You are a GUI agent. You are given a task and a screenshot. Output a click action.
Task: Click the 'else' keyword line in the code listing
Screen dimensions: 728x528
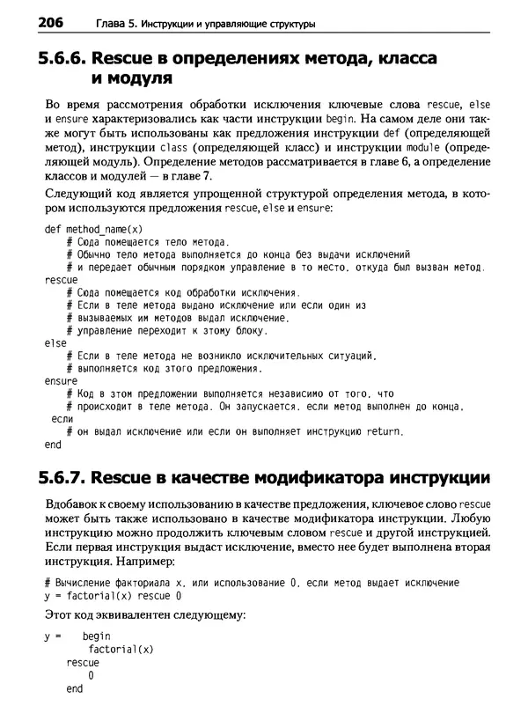point(55,342)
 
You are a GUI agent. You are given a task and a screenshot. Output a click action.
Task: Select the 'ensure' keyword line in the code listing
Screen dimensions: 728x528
point(60,380)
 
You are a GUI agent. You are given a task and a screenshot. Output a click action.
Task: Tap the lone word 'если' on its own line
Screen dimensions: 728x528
point(62,419)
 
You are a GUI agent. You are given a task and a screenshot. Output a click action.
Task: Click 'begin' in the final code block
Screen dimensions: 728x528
point(97,636)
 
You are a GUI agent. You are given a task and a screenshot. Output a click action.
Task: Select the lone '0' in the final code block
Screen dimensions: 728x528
point(91,675)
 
